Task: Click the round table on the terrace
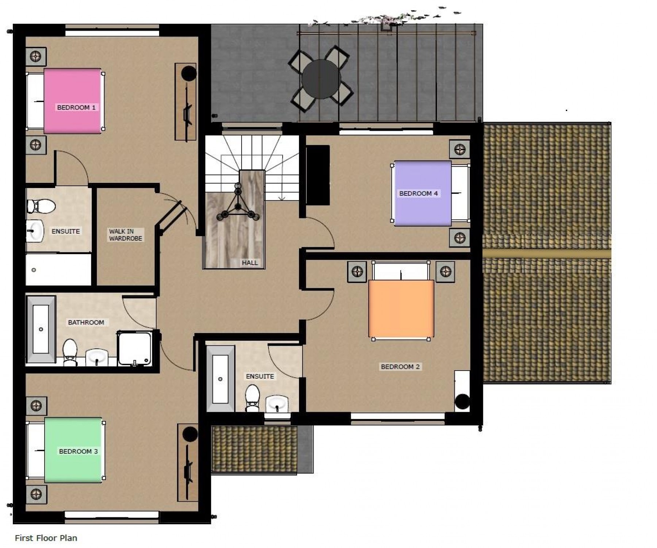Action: click(x=321, y=79)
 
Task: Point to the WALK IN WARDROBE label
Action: click(x=125, y=235)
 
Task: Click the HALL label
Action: click(x=250, y=262)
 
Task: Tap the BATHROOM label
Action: click(x=86, y=322)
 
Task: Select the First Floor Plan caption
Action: click(x=46, y=538)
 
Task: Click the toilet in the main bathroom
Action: click(x=70, y=352)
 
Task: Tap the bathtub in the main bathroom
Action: click(x=41, y=329)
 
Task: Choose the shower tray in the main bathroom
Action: click(x=134, y=348)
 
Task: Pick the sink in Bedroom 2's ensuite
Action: click(x=277, y=404)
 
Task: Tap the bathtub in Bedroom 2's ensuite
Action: click(x=220, y=379)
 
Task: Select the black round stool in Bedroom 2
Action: click(x=462, y=402)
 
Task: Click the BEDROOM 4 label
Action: click(x=418, y=193)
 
